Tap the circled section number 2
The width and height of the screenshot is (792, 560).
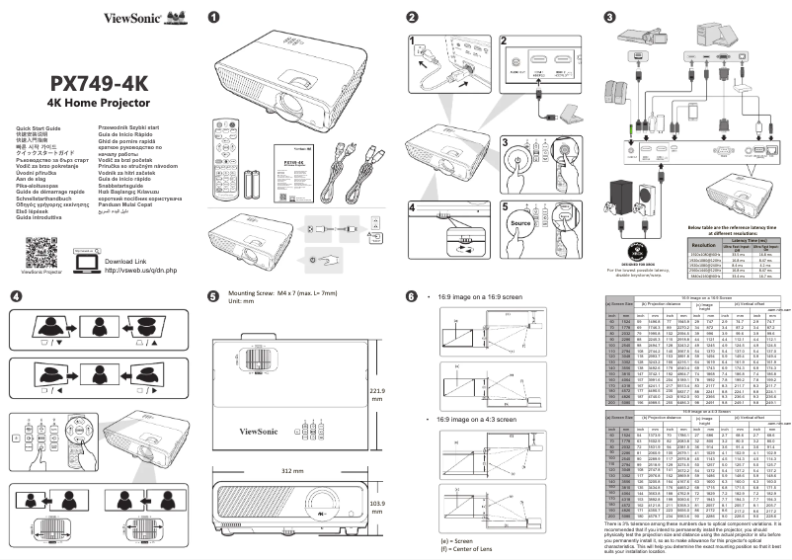pos(411,18)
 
